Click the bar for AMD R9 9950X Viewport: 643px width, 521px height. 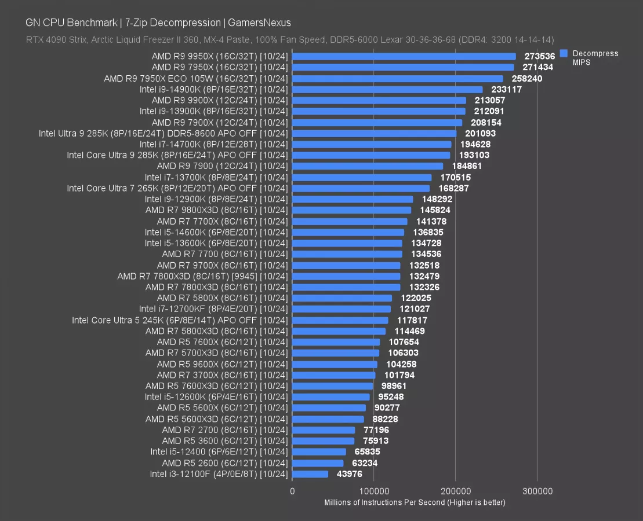404,56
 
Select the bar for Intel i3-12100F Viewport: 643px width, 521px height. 310,474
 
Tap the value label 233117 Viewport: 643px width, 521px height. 506,90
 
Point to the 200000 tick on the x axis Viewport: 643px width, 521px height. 455,491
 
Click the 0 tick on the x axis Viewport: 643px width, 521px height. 292,491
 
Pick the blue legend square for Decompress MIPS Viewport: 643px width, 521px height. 562,53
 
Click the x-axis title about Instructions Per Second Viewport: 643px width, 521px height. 415,502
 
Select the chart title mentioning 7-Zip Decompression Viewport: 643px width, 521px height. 158,23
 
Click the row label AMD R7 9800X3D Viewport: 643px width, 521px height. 216,210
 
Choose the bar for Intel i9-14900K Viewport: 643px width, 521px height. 387,90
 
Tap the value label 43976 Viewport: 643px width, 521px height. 350,474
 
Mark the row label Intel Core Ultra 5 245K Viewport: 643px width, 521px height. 180,320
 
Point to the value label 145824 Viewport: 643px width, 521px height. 435,210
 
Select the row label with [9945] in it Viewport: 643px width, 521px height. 202,276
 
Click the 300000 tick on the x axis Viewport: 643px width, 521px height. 537,491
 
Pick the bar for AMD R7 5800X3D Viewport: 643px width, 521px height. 339,331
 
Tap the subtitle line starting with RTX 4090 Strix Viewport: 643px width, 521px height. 290,40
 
